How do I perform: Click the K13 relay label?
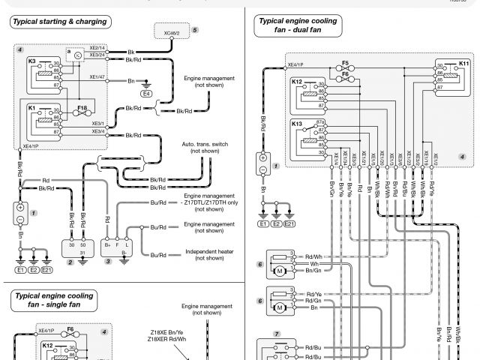click(x=297, y=123)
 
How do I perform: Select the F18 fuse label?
click(x=82, y=108)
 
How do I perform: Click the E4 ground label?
click(x=146, y=94)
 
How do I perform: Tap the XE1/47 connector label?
click(x=97, y=76)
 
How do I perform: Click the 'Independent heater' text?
click(x=209, y=251)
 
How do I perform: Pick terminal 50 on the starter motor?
click(x=82, y=244)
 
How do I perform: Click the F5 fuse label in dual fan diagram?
click(x=345, y=63)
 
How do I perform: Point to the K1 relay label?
click(x=31, y=108)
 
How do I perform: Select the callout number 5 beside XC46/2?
click(x=195, y=29)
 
